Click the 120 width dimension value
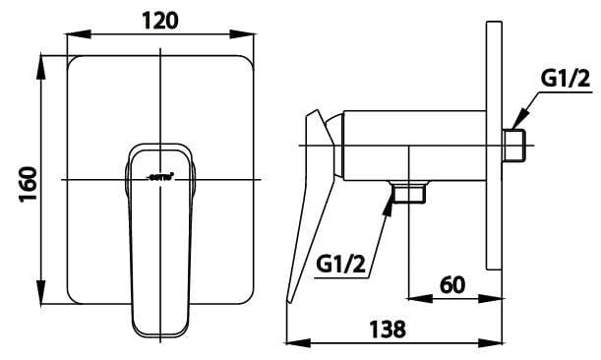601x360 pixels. (158, 19)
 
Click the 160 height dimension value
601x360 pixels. (28, 183)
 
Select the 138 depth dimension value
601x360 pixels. (388, 330)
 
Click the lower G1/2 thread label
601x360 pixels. (341, 264)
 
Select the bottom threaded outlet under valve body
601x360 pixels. (407, 194)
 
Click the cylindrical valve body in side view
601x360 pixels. (413, 147)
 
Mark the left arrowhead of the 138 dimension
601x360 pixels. (290, 343)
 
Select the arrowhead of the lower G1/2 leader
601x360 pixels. (391, 200)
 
